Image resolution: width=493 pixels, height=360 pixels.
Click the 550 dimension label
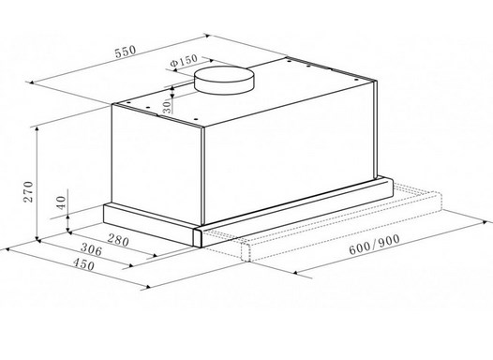(126, 52)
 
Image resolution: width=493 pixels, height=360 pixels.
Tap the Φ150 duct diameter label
(184, 61)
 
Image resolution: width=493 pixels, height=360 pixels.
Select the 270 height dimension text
(28, 191)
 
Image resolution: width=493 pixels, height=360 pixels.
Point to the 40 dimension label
(61, 202)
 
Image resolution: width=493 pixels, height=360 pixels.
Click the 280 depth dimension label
(118, 240)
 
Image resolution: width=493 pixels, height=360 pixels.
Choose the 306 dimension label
(92, 249)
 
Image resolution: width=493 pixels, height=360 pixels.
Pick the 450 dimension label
(83, 264)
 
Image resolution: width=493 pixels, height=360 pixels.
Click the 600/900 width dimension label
(375, 245)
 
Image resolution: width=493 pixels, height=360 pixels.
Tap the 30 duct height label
(167, 107)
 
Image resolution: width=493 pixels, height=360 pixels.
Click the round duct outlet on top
(224, 80)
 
